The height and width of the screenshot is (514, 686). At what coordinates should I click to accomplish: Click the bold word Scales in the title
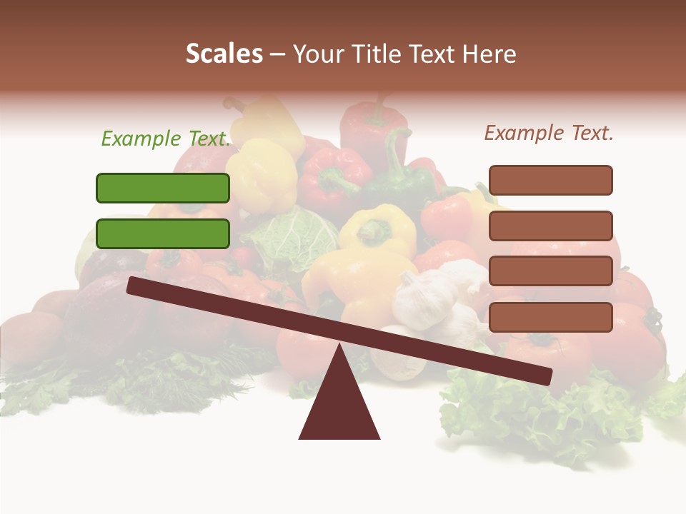[224, 54]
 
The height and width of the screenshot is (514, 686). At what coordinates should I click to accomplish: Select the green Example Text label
[166, 138]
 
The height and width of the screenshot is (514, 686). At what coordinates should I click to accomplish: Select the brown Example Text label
[549, 133]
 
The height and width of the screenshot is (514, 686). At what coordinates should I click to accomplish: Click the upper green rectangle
[163, 188]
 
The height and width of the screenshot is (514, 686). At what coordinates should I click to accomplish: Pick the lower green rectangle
[163, 233]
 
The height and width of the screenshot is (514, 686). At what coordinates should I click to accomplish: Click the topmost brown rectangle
[550, 180]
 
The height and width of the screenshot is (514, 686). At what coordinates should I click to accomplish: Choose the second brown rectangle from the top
[550, 226]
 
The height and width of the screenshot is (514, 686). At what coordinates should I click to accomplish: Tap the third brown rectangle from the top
[550, 271]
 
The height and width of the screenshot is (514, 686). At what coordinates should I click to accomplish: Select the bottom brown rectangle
[550, 317]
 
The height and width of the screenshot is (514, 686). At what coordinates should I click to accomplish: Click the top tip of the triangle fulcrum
[339, 347]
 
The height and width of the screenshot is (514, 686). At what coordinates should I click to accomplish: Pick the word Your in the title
[319, 54]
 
